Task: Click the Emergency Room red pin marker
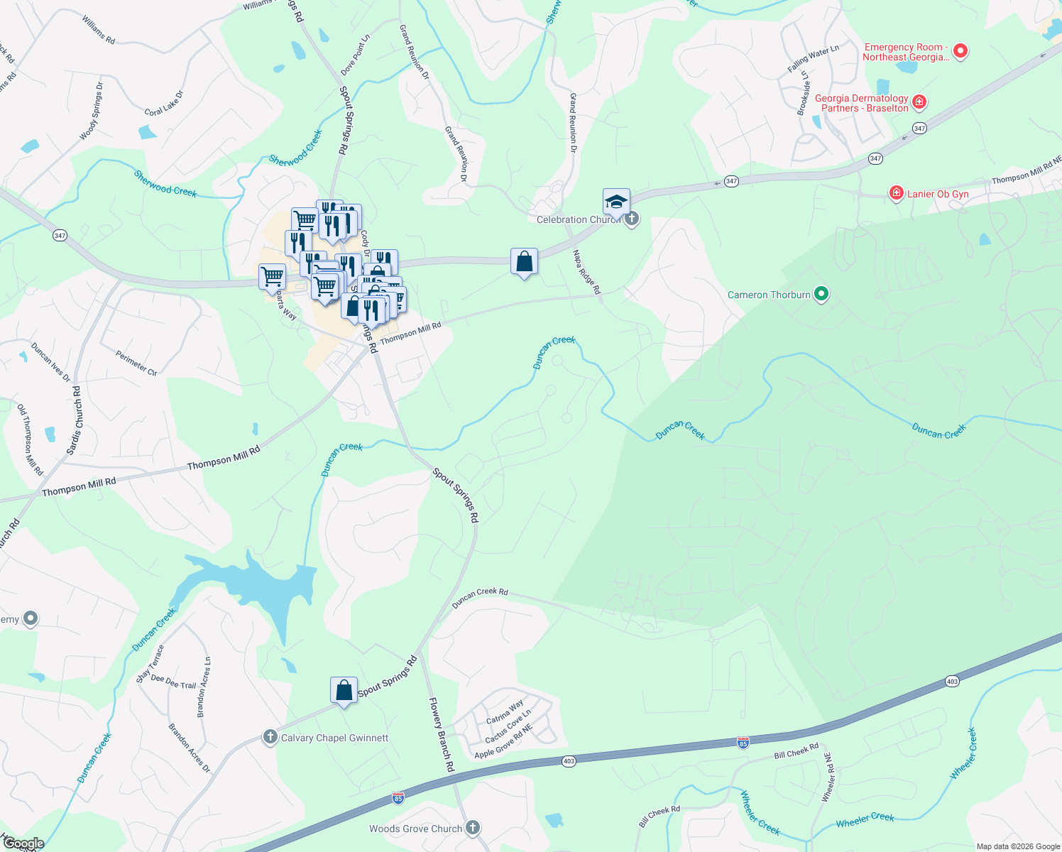pos(960,51)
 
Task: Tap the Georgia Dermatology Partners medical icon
pos(919,103)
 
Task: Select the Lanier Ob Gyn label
pos(938,194)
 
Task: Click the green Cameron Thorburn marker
pos(821,293)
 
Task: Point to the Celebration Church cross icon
pos(632,219)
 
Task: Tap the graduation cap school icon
pos(616,202)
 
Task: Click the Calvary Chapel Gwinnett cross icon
pos(270,737)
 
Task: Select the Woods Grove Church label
pos(415,829)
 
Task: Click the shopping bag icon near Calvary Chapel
pos(344,690)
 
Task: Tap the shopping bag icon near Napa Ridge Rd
pos(524,262)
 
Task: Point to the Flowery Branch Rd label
pos(441,734)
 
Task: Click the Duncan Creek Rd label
pos(480,598)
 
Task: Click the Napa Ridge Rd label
pos(586,272)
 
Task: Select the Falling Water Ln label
pos(813,58)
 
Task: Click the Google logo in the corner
pos(23,843)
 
